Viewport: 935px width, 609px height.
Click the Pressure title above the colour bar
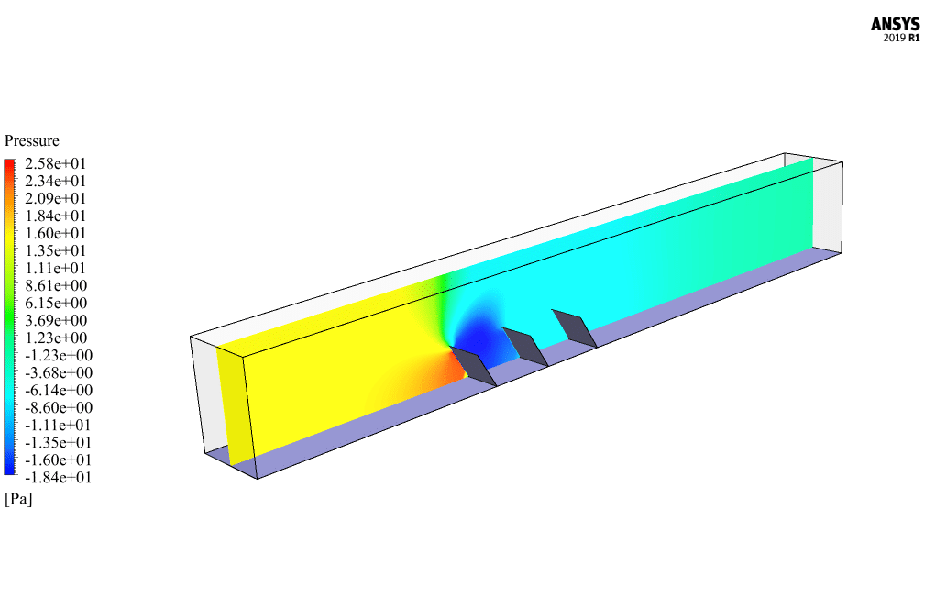point(32,140)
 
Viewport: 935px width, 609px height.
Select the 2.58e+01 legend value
point(55,163)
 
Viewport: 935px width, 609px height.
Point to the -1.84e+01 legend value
point(59,477)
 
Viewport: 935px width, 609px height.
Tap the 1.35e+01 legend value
point(55,250)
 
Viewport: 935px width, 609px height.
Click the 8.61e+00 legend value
point(56,286)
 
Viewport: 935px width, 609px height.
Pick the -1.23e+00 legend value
point(59,356)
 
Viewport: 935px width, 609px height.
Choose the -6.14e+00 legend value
point(59,390)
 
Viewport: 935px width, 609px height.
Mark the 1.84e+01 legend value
point(55,216)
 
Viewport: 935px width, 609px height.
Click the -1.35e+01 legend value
point(59,443)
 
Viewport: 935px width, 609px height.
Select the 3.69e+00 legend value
point(56,320)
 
